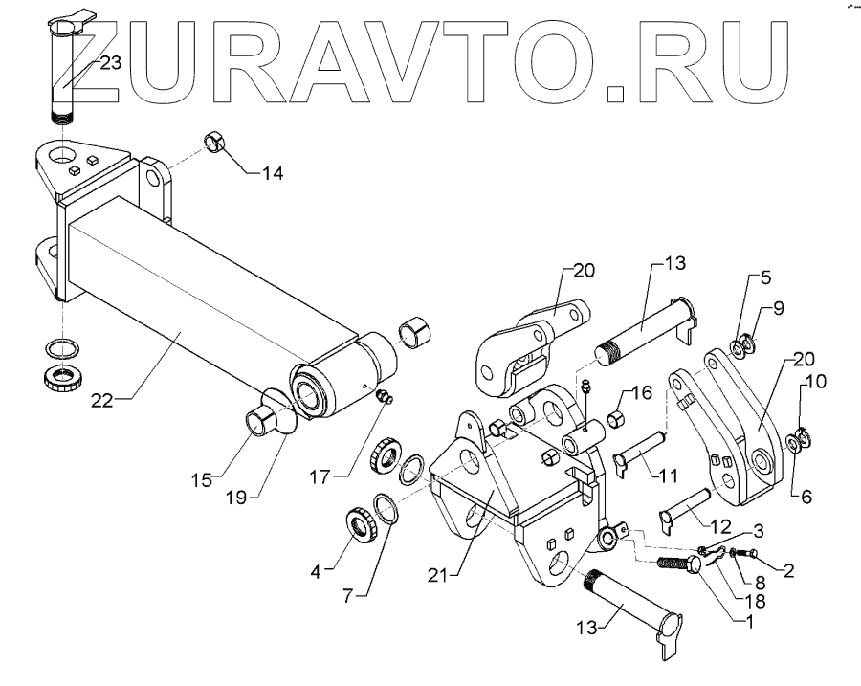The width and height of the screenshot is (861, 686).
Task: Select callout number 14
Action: pos(273,173)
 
